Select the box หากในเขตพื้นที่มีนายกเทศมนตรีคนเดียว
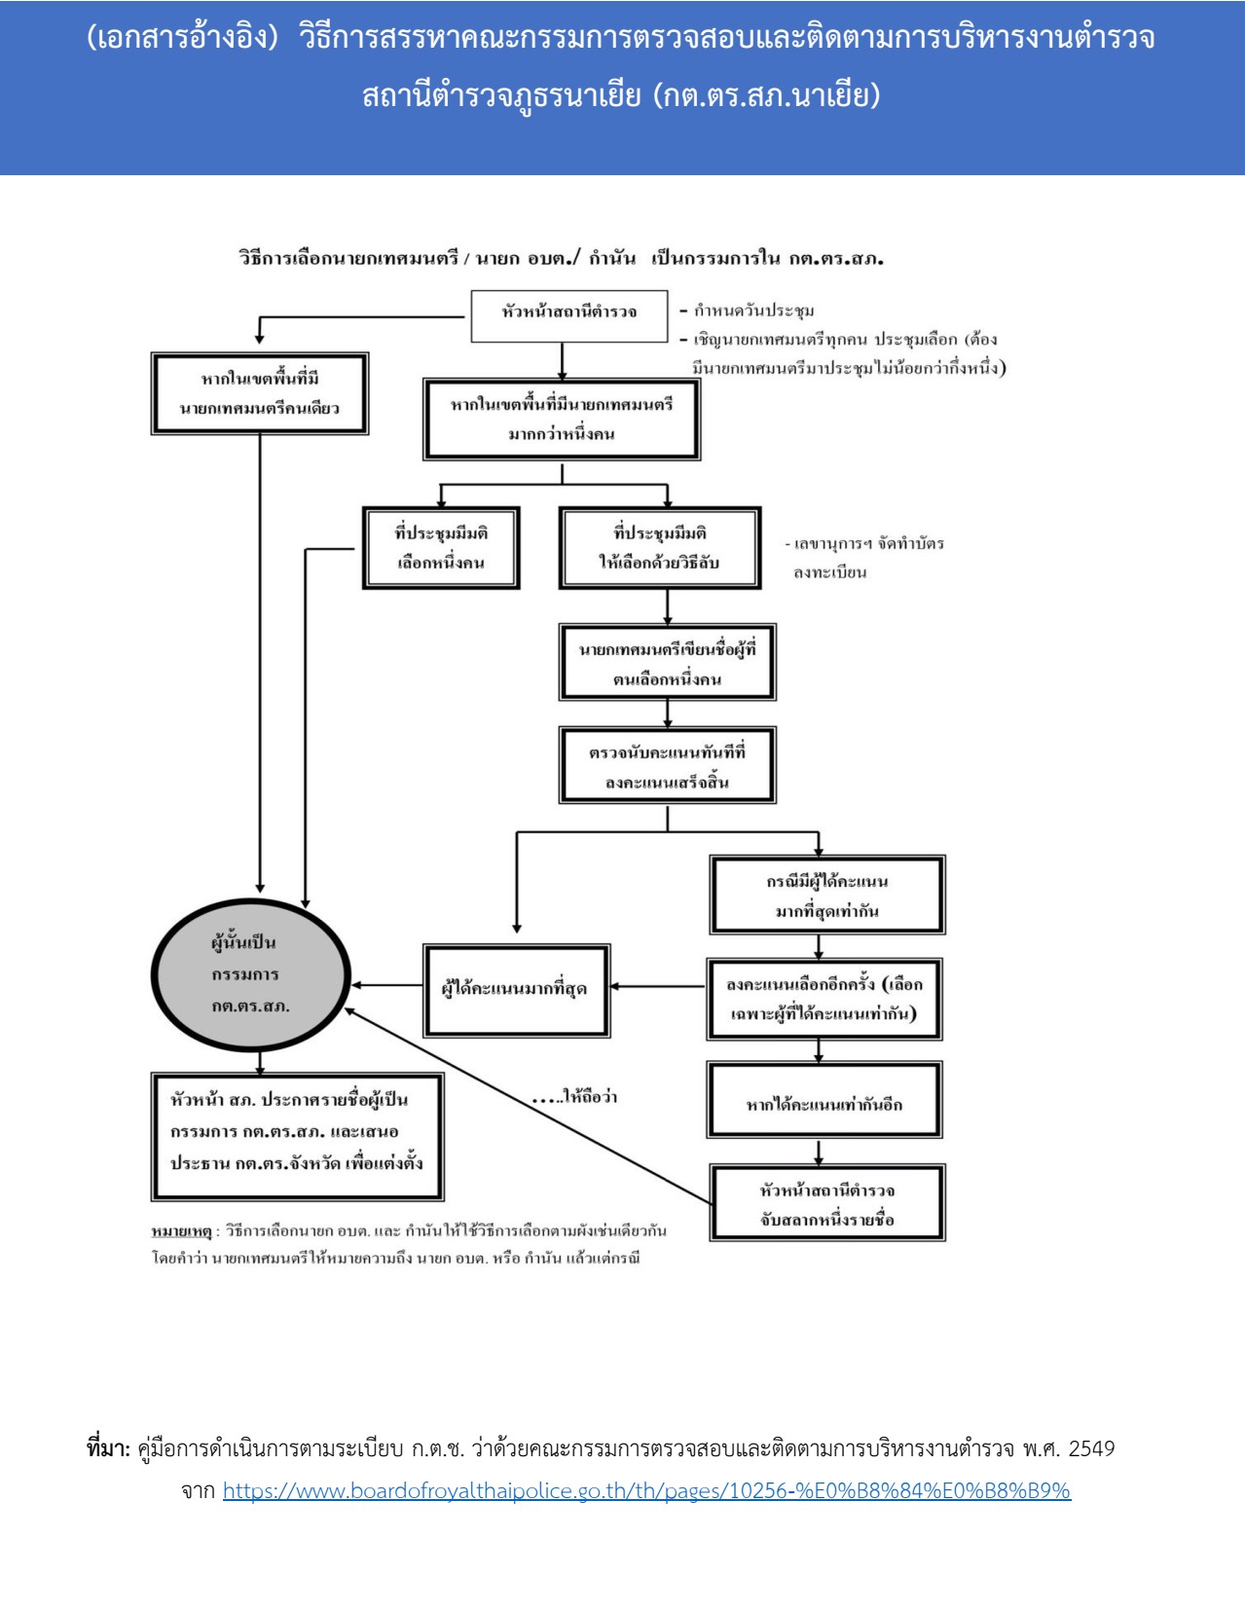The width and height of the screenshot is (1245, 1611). pyautogui.click(x=260, y=393)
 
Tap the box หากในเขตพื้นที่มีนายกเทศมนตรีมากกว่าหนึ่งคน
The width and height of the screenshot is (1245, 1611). pyautogui.click(x=562, y=419)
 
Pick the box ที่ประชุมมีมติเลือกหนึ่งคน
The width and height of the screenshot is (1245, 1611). pyautogui.click(x=441, y=547)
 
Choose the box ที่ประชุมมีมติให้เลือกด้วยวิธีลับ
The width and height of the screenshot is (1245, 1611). pyautogui.click(x=659, y=547)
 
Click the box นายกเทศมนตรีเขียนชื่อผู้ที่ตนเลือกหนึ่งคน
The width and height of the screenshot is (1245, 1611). pyautogui.click(x=667, y=663)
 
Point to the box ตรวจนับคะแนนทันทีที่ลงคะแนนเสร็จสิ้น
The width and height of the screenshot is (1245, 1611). pyautogui.click(x=667, y=766)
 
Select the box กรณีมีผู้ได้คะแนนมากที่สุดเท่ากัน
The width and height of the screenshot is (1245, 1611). pyautogui.click(x=826, y=896)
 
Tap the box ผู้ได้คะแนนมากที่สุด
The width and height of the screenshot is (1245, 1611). pyautogui.click(x=516, y=989)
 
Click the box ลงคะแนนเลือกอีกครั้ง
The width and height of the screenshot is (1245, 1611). pyautogui.click(x=824, y=999)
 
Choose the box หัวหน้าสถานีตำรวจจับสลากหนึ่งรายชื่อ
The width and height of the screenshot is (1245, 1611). pyautogui.click(x=826, y=1204)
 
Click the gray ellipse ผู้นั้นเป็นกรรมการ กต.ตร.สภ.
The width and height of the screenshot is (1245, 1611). pyautogui.click(x=251, y=974)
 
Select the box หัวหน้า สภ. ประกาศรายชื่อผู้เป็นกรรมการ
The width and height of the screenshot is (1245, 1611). pyautogui.click(x=297, y=1136)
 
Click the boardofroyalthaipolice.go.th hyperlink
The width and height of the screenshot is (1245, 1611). pyautogui.click(x=646, y=1491)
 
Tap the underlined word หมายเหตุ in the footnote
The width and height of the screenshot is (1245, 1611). pyautogui.click(x=181, y=1231)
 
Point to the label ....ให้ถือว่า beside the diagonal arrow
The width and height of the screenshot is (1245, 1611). pyautogui.click(x=575, y=1097)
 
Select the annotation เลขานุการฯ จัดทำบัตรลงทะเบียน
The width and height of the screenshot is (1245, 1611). pyautogui.click(x=866, y=557)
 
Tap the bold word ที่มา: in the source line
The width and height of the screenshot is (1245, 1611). pyautogui.click(x=108, y=1449)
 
